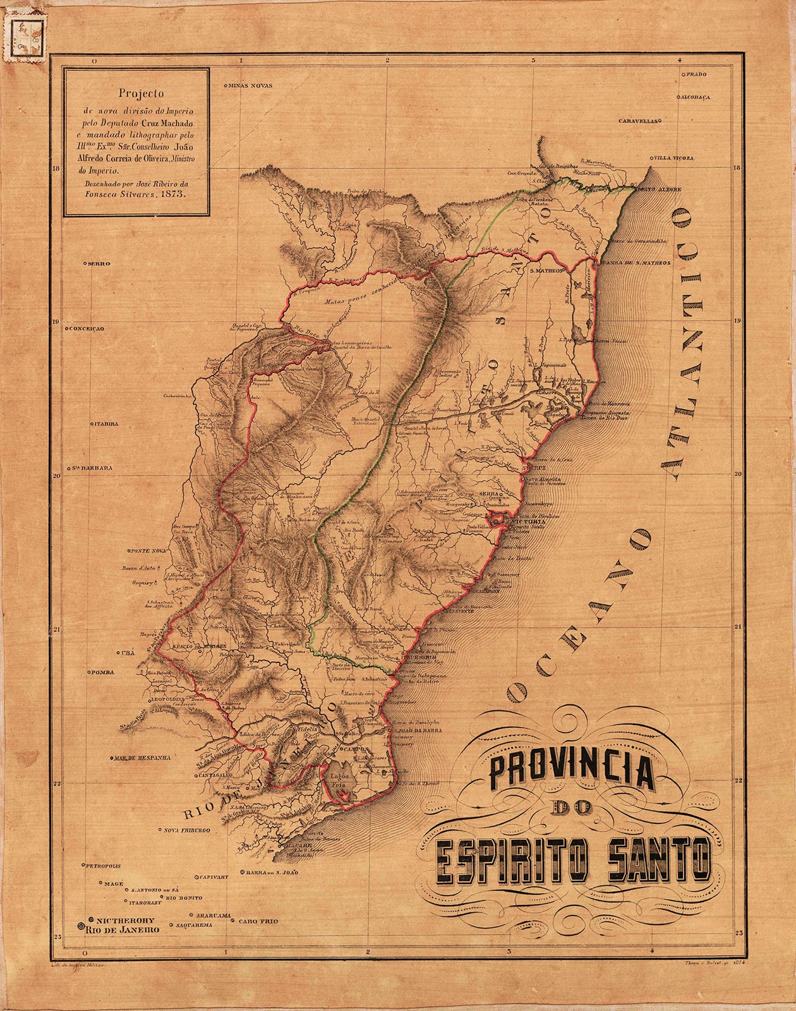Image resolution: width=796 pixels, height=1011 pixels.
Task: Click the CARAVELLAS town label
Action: coord(639,119)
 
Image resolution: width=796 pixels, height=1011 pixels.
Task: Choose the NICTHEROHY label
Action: coord(126,920)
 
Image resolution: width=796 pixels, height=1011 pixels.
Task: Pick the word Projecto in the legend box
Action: coord(136,92)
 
